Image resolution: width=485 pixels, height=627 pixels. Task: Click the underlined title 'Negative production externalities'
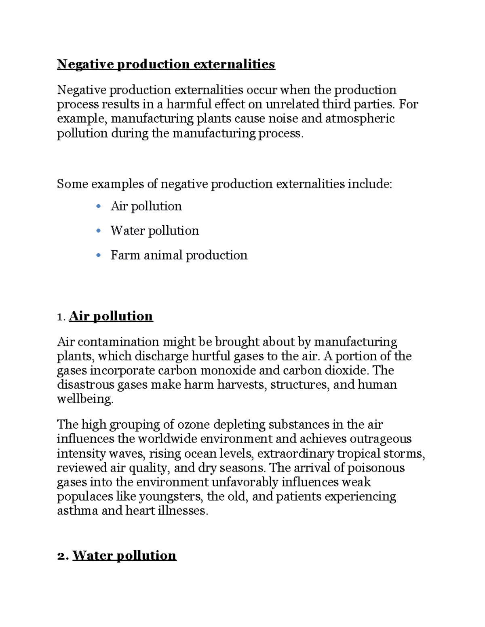(x=166, y=64)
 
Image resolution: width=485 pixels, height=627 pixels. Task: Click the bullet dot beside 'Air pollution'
(x=98, y=207)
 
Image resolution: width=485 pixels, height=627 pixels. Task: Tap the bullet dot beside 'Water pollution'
(x=98, y=231)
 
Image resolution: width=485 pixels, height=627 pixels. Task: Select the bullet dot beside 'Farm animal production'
(x=98, y=256)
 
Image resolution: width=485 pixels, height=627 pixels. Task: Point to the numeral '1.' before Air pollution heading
(x=61, y=317)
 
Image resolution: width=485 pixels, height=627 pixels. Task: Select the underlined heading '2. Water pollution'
(x=124, y=556)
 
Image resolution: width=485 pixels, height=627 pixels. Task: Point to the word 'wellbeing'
(x=84, y=399)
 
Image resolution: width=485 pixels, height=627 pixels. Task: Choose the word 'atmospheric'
(x=360, y=119)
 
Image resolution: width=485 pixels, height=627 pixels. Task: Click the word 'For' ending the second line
(x=408, y=104)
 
